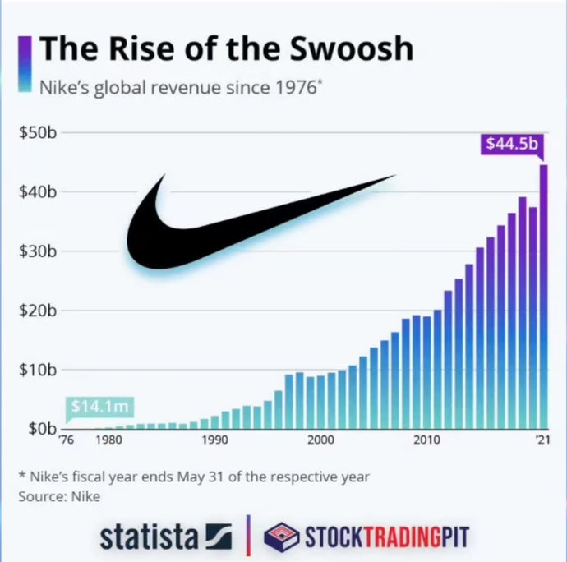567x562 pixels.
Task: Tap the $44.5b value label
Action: click(x=511, y=145)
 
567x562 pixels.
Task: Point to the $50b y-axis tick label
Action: click(x=35, y=132)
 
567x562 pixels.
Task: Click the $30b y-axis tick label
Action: click(x=35, y=251)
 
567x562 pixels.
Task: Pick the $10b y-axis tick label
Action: click(x=35, y=369)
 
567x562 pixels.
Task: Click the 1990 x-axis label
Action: click(x=214, y=440)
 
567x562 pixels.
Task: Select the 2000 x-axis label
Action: click(x=320, y=440)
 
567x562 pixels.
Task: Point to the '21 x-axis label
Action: click(x=542, y=440)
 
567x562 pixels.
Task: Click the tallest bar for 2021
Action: click(x=543, y=296)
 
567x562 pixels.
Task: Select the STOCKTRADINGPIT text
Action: click(x=386, y=537)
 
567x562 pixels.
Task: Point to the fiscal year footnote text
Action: click(x=194, y=477)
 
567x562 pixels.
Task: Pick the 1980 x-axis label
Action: click(x=104, y=440)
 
